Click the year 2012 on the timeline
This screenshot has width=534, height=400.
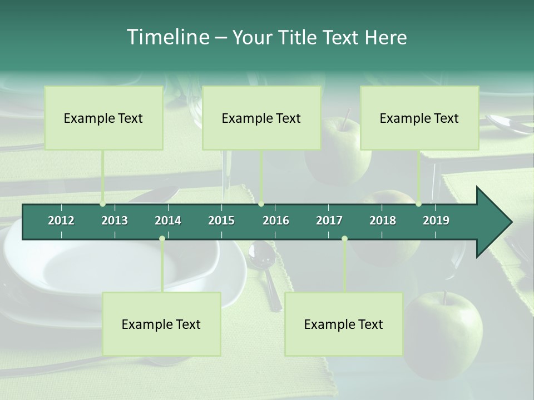[x=61, y=221]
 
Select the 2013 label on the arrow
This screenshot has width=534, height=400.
[x=115, y=221]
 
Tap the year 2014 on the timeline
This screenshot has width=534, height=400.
[x=168, y=221]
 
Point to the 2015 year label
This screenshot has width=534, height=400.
[x=221, y=221]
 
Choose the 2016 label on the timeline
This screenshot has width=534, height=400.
[x=276, y=221]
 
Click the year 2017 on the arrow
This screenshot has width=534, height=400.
[x=329, y=221]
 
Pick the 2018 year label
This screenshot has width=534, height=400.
[x=383, y=221]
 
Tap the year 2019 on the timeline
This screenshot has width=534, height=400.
[x=436, y=221]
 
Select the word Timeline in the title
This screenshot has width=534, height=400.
[x=167, y=37]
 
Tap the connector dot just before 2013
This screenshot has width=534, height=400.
[x=102, y=204]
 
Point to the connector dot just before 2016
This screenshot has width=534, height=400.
[x=261, y=204]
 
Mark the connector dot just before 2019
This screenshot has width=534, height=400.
[x=419, y=204]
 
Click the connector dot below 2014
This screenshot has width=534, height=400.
[x=162, y=239]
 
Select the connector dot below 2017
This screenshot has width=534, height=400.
[x=344, y=239]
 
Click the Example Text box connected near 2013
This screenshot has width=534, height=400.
[x=103, y=118]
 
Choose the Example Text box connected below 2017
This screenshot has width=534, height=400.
[x=344, y=324]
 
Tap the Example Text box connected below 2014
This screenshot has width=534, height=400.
[x=161, y=324]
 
